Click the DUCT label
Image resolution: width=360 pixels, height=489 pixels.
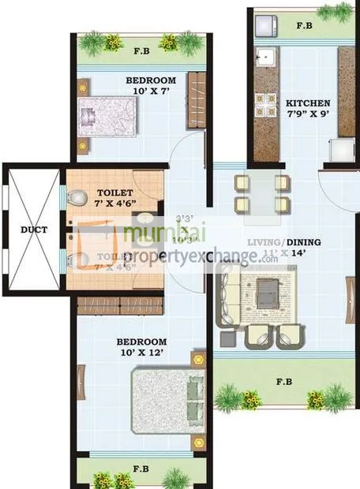tap(34, 230)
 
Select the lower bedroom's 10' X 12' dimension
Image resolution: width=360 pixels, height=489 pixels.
tap(140, 353)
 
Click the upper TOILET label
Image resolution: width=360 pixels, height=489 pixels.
tap(115, 192)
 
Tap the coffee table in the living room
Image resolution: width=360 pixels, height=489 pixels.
tap(270, 289)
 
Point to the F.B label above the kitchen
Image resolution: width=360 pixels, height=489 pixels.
tap(304, 25)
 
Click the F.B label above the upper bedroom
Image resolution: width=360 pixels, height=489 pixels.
tap(142, 53)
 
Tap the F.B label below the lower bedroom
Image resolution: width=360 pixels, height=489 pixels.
tap(142, 468)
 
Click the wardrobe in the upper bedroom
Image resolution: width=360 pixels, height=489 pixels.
tap(197, 99)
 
